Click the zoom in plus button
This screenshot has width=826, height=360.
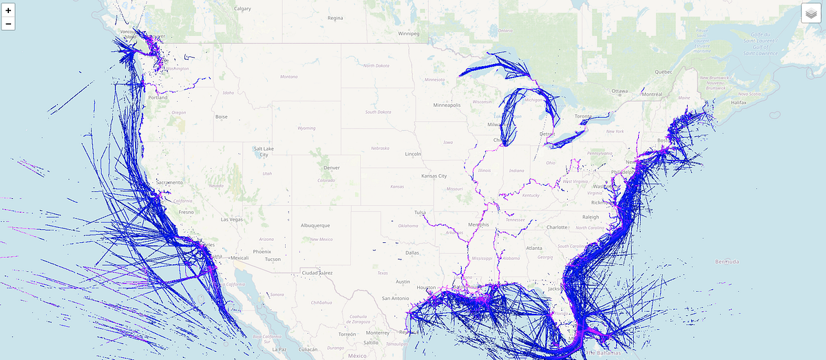[x=8, y=11]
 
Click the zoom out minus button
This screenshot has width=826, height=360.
[x=8, y=24]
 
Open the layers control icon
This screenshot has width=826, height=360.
[x=812, y=13]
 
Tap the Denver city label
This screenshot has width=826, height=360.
[x=331, y=167]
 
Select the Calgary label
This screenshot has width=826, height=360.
[x=242, y=9]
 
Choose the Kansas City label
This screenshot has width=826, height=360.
[x=434, y=176]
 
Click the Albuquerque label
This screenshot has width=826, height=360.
[x=315, y=225]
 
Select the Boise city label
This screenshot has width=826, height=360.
[x=221, y=117]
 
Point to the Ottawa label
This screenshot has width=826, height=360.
[x=619, y=91]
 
